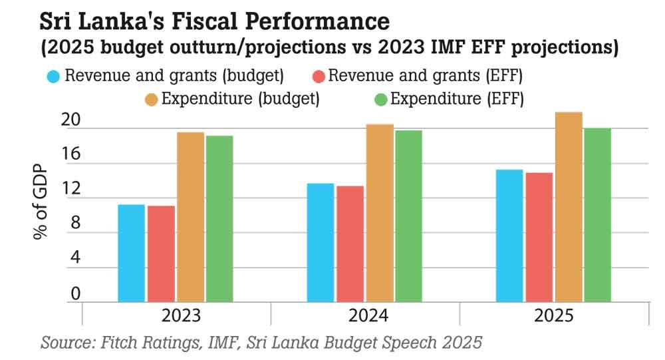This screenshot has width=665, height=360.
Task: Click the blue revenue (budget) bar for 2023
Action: [x=131, y=253]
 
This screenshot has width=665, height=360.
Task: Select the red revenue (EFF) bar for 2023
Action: [x=161, y=254]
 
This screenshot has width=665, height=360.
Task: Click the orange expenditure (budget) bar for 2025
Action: [x=569, y=207]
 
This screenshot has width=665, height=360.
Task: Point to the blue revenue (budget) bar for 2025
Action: [x=509, y=236]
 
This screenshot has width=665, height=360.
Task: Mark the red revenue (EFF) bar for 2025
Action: [x=539, y=237]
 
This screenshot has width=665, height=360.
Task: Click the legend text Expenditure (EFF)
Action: [x=457, y=100]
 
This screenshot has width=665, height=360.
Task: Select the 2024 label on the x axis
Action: [x=364, y=315]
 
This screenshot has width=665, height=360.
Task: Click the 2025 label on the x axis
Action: [x=553, y=315]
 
